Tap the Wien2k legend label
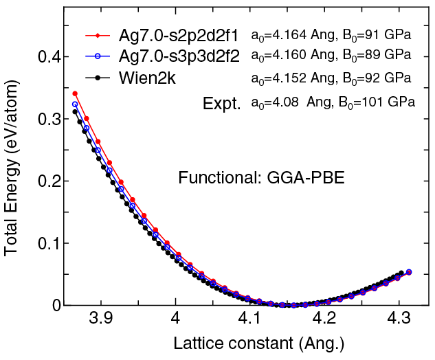tap(146, 78)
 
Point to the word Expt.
tap(221, 104)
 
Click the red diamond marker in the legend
tap(98, 35)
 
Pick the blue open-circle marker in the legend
tap(98, 57)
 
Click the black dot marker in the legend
tap(98, 78)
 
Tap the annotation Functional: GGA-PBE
tap(261, 177)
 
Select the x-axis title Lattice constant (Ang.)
tap(249, 344)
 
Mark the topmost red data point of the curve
tap(75, 93)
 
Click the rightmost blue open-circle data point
tap(409, 272)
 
